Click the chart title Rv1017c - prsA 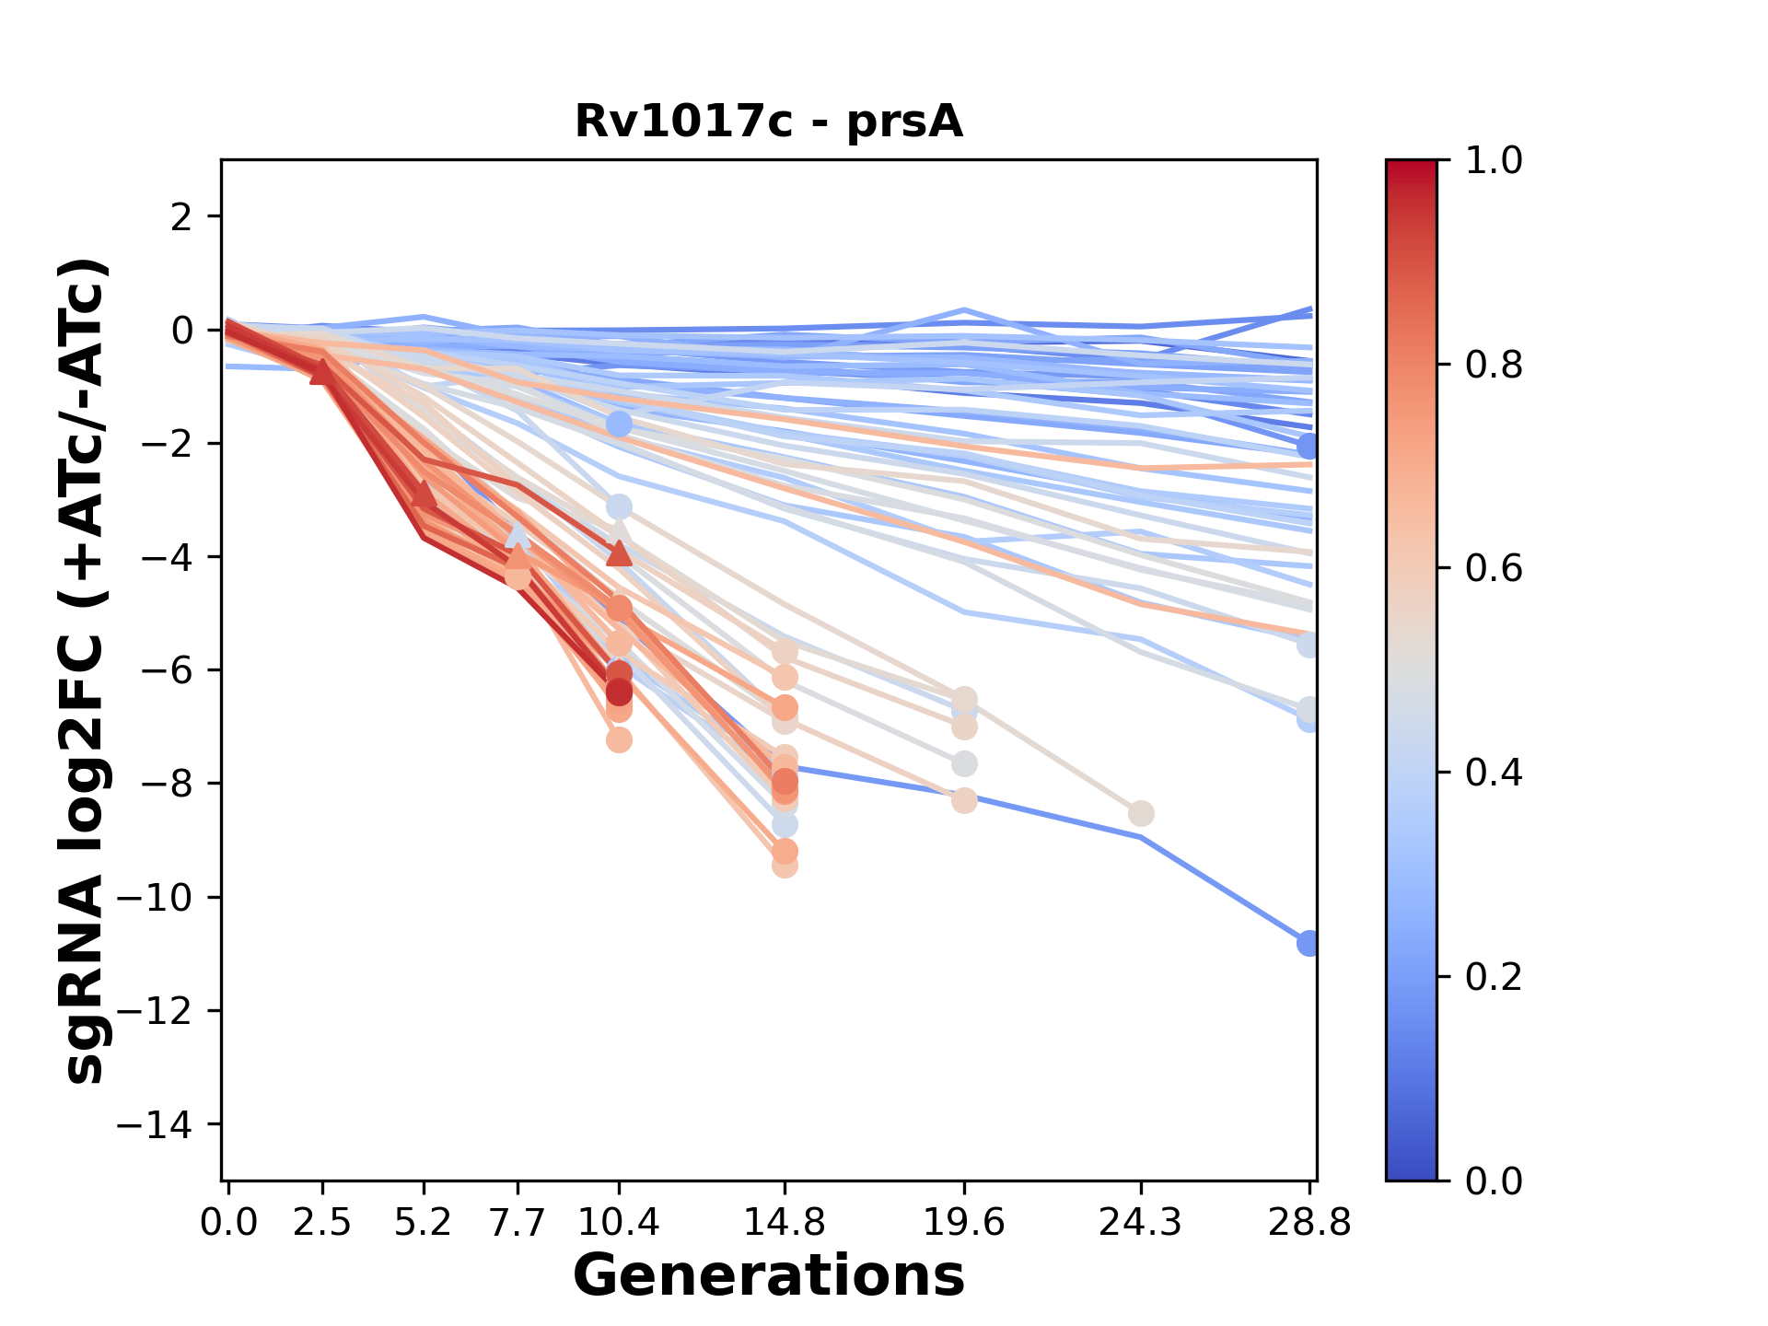[x=769, y=122]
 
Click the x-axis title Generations [x=769, y=1276]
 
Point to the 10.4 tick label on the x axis [x=619, y=1223]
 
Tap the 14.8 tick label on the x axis [x=784, y=1223]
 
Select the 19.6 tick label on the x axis [x=964, y=1223]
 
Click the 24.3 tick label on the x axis [x=1141, y=1223]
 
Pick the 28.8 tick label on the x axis [x=1309, y=1223]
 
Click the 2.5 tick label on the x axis [x=322, y=1223]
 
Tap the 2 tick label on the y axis [x=181, y=216]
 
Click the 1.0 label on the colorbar [x=1494, y=161]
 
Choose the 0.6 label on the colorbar [x=1494, y=569]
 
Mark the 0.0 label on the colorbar [x=1494, y=1181]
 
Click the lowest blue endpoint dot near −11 [x=1309, y=943]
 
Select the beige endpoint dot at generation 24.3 [x=1141, y=814]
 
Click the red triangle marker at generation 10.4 [x=619, y=552]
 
